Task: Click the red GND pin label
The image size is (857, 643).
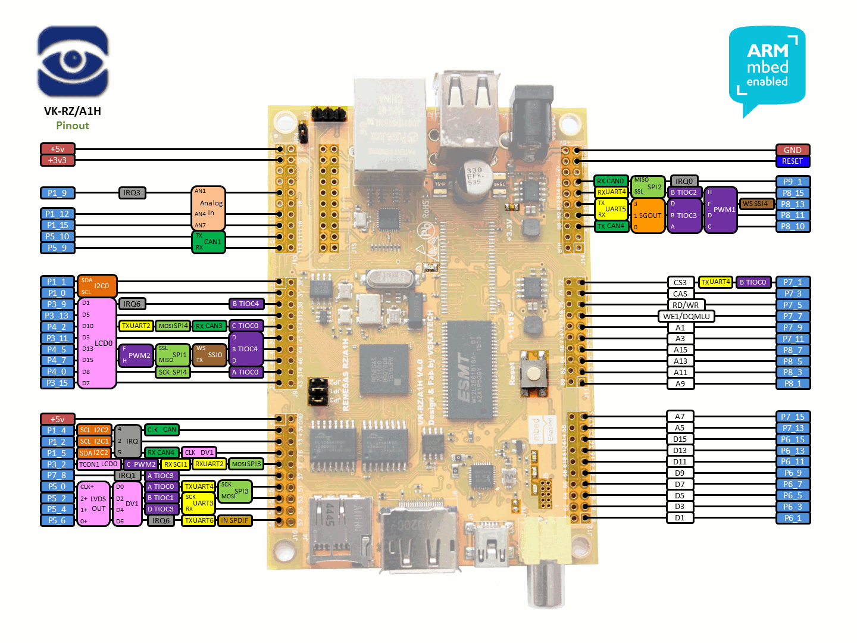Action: coord(793,150)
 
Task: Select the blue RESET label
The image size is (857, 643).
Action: coord(793,161)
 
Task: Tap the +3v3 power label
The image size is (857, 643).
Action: coord(57,160)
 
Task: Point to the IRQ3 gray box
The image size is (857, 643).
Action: coord(132,193)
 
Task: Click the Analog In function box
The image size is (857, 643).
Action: coord(208,208)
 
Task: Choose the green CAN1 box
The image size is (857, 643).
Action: coord(208,242)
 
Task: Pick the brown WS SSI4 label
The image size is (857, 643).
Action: coord(756,204)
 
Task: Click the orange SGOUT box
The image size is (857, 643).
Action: coord(648,216)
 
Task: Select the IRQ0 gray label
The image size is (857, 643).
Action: coord(684,181)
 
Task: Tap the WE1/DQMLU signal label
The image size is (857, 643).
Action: coord(686,316)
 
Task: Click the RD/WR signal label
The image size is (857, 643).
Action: coord(686,305)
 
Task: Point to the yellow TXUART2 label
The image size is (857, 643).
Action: coord(136,326)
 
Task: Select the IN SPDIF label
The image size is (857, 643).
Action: coord(235,520)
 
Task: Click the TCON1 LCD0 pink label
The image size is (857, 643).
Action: coord(99,464)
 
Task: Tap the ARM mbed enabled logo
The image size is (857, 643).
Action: coord(767,68)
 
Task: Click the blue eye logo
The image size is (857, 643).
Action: coord(73,61)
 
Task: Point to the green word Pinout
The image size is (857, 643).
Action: coord(73,126)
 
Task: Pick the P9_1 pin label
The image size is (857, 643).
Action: coord(793,182)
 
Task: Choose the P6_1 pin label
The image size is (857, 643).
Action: coord(793,518)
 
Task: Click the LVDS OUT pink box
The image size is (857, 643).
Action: coord(93,504)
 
